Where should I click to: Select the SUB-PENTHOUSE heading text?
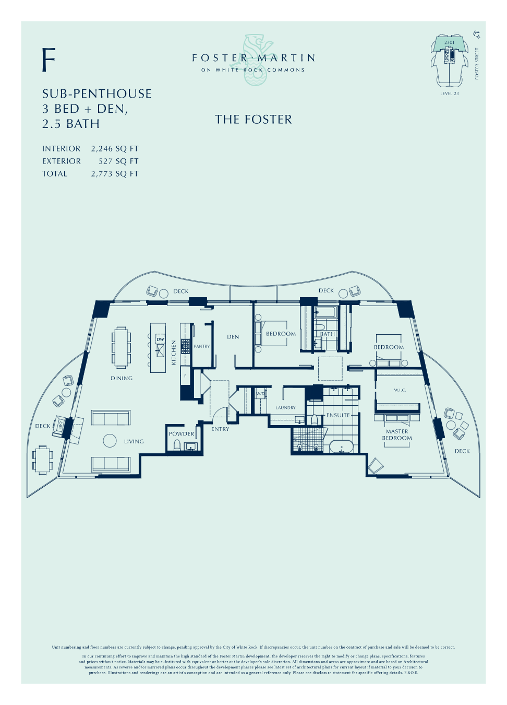(97, 94)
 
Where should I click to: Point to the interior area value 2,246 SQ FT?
(115, 149)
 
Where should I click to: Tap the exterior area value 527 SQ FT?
(118, 161)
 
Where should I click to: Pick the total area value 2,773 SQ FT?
(115, 174)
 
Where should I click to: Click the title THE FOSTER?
(253, 120)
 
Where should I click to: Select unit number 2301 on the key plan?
(449, 42)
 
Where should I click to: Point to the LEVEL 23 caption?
(449, 93)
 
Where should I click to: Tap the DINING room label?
(122, 379)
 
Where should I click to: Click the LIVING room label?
(134, 442)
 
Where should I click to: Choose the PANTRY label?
(202, 346)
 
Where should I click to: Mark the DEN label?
(233, 337)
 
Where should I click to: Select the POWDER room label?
(182, 434)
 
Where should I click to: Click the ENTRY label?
(220, 429)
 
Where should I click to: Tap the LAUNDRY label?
(286, 408)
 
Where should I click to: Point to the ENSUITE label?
(339, 415)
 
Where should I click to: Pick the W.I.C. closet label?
(400, 390)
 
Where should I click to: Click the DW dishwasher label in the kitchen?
(160, 339)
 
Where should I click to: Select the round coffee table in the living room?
(110, 441)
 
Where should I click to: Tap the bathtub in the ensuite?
(342, 447)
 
